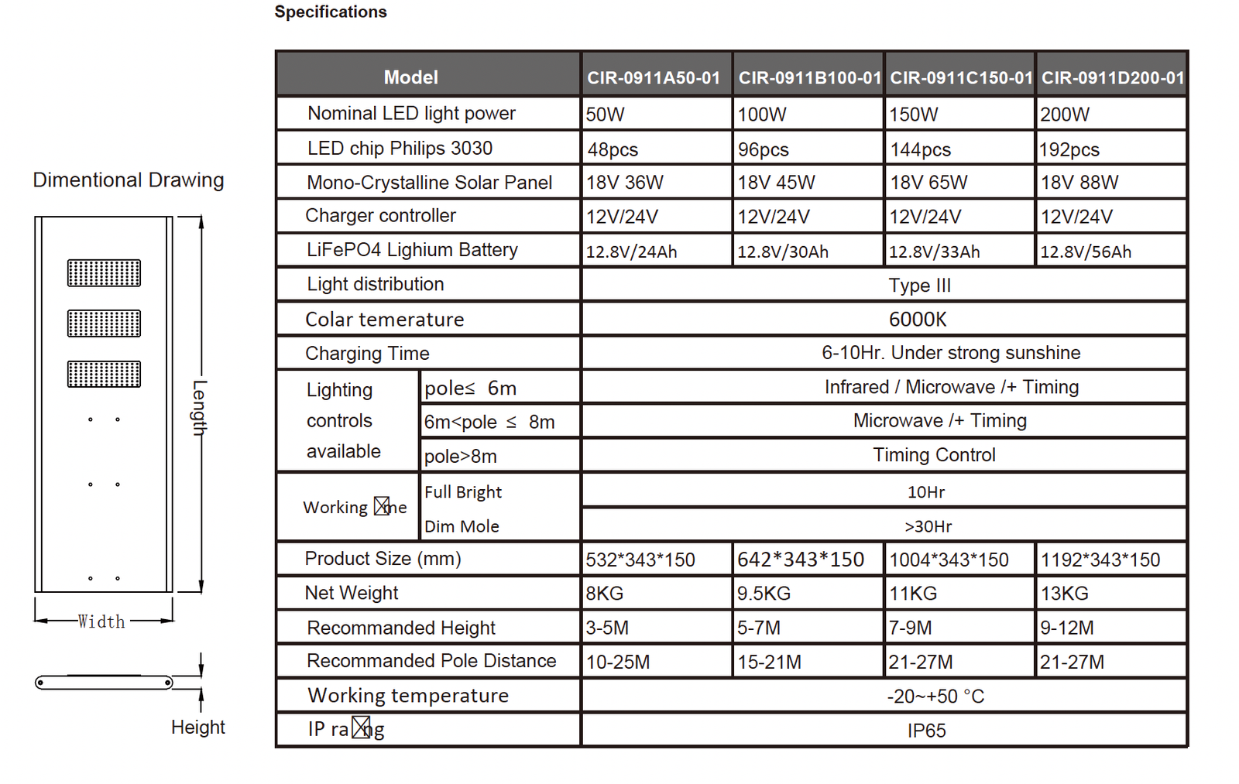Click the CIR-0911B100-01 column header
pyautogui.click(x=809, y=77)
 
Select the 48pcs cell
pyautogui.click(x=613, y=149)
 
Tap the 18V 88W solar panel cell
pyautogui.click(x=1079, y=183)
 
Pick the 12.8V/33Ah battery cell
pyautogui.click(x=934, y=252)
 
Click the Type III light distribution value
pyautogui.click(x=919, y=286)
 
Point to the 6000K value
pyautogui.click(x=918, y=319)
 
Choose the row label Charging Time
pyautogui.click(x=367, y=354)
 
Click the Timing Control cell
pyautogui.click(x=934, y=455)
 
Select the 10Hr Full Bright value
pyautogui.click(x=925, y=492)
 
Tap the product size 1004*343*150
pyautogui.click(x=949, y=560)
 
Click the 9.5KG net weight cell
pyautogui.click(x=764, y=594)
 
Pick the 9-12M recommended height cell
pyautogui.click(x=1066, y=628)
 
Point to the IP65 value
pyautogui.click(x=926, y=731)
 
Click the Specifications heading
pyautogui.click(x=331, y=12)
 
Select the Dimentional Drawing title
pyautogui.click(x=129, y=180)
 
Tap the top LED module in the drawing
pyautogui.click(x=104, y=273)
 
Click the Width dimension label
pyautogui.click(x=101, y=621)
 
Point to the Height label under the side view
pyautogui.click(x=197, y=728)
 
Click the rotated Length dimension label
pyautogui.click(x=200, y=408)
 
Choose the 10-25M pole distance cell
pyautogui.click(x=618, y=662)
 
